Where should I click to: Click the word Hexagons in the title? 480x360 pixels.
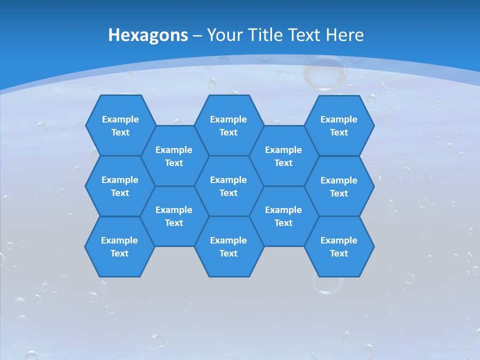148,35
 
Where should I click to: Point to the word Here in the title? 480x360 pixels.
344,35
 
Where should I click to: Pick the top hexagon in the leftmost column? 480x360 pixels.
120,125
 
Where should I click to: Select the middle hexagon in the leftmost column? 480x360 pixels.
120,186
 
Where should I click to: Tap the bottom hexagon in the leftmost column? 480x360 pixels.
119,246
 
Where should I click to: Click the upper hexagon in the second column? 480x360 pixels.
174,156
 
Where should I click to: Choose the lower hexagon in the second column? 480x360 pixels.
174,216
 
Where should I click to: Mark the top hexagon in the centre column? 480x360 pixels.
228,125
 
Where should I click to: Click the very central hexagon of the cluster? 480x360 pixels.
228,186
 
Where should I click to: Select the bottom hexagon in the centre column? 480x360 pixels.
228,246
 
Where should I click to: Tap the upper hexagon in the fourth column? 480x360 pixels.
283,156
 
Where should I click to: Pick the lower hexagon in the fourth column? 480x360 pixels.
283,216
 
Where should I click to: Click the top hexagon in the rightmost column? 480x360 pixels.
339,125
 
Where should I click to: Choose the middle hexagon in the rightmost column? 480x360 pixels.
339,186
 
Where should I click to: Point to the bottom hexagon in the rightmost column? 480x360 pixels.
339,246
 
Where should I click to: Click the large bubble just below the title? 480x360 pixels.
324,72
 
